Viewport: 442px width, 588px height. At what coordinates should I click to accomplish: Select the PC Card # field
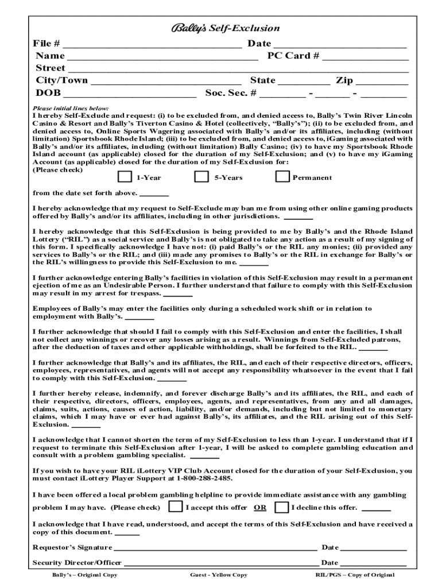pyautogui.click(x=365, y=57)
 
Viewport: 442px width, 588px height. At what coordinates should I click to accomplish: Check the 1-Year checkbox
pyautogui.click(x=125, y=177)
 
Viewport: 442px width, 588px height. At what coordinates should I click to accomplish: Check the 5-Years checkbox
pyautogui.click(x=201, y=177)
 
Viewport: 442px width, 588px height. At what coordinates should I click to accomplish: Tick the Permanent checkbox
pyautogui.click(x=282, y=177)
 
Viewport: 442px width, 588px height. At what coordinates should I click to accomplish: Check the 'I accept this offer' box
pyautogui.click(x=175, y=507)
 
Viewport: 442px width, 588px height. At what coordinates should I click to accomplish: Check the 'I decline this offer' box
pyautogui.click(x=281, y=507)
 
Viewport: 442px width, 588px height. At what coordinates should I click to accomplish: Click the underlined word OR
pyautogui.click(x=260, y=508)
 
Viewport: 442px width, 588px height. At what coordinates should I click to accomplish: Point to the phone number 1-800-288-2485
pyautogui.click(x=204, y=478)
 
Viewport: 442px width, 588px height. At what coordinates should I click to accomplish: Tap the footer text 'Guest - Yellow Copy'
pyautogui.click(x=219, y=575)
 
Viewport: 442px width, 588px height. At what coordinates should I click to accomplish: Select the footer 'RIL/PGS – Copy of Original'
pyautogui.click(x=355, y=575)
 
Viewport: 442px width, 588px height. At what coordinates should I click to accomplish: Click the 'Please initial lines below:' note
pyautogui.click(x=71, y=108)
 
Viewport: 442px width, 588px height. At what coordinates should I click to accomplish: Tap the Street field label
pyautogui.click(x=51, y=68)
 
